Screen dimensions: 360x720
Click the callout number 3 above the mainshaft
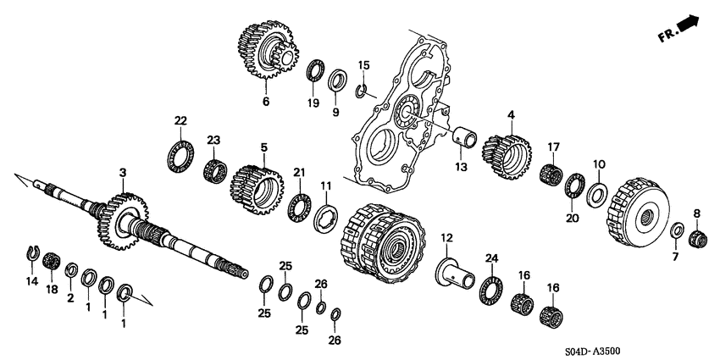point(123,173)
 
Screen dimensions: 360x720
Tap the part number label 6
point(265,102)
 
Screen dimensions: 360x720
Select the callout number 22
point(180,119)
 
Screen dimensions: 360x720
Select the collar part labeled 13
point(465,135)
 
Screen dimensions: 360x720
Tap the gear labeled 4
point(506,152)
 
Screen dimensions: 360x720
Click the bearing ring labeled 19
point(316,71)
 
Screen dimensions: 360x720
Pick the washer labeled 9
point(336,81)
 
